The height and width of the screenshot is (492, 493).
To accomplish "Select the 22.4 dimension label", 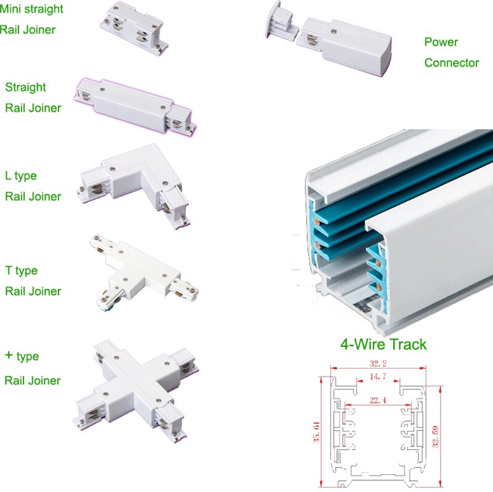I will [x=378, y=400].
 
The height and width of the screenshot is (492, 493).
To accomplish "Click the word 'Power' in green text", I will [x=441, y=42].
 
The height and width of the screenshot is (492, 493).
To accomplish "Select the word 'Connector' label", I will [x=451, y=62].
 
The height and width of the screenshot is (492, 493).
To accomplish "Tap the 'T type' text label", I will [x=22, y=270].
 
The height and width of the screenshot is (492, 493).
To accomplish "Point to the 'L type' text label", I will [x=21, y=176].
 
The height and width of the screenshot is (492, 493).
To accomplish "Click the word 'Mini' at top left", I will [x=12, y=9].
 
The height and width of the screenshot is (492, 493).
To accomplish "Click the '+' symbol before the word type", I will [x=9, y=356].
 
